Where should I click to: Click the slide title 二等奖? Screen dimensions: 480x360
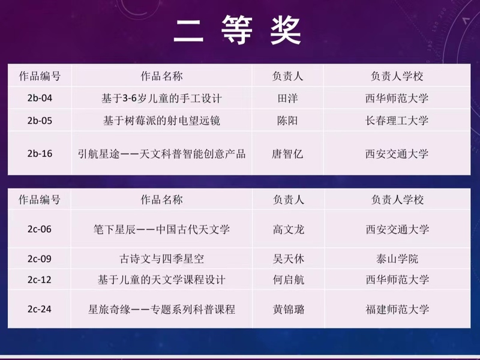[238, 31]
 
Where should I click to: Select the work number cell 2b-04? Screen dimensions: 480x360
[40, 98]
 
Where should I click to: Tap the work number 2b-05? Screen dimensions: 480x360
[40, 121]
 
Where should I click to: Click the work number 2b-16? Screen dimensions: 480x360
[40, 154]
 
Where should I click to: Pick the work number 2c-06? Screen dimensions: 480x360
[40, 229]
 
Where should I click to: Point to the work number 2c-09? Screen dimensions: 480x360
[40, 259]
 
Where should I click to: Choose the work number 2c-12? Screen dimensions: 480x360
[40, 280]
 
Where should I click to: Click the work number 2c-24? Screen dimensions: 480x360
[40, 309]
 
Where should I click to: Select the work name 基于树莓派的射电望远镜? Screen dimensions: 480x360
[161, 121]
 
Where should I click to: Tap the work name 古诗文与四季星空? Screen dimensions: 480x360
[161, 259]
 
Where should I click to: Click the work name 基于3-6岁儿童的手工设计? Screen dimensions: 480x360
[161, 98]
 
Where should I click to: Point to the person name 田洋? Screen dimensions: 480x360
[287, 98]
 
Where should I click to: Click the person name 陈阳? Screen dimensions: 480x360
[287, 121]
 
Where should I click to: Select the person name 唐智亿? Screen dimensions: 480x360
[287, 154]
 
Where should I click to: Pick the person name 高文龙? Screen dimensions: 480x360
[289, 229]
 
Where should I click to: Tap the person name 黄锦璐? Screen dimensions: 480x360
[289, 309]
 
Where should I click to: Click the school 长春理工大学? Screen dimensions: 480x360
[397, 121]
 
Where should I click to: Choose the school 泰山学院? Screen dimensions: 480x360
[397, 259]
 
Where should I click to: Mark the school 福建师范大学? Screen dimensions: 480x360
[397, 309]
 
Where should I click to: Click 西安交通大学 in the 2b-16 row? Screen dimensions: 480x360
[397, 154]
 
